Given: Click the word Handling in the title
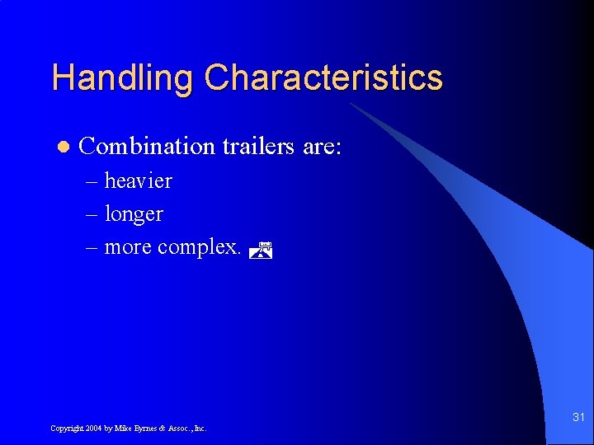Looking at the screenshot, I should (x=123, y=78).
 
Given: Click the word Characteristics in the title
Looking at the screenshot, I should (x=323, y=78).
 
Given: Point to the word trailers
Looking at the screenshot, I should (x=258, y=147).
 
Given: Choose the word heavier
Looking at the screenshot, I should (x=138, y=180).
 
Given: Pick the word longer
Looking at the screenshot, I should (x=134, y=214).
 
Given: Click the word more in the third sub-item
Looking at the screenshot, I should (x=128, y=247).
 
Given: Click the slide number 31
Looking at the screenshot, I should (x=577, y=418).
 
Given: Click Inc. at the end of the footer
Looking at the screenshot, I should (x=200, y=429).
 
